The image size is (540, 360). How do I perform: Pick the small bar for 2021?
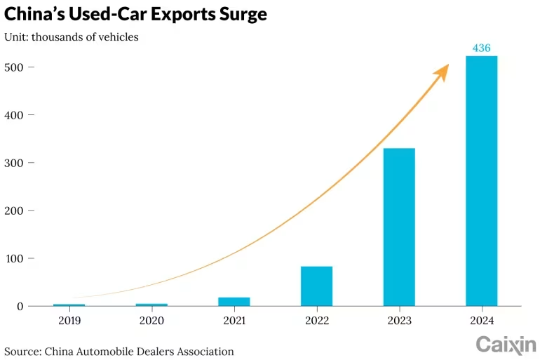(x=234, y=301)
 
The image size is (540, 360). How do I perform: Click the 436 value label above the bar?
(x=481, y=48)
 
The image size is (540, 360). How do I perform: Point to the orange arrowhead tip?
(x=447, y=66)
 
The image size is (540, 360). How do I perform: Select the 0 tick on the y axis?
(x=21, y=306)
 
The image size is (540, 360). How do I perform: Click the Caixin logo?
(x=506, y=344)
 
